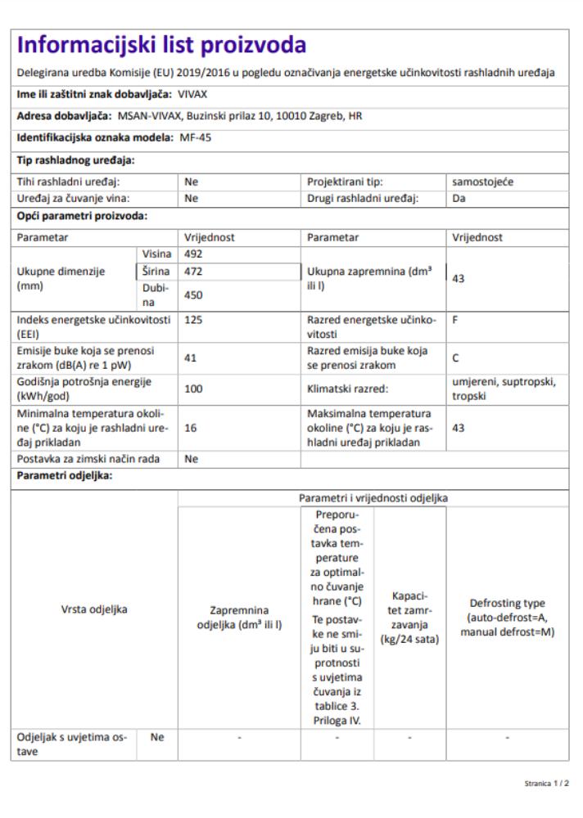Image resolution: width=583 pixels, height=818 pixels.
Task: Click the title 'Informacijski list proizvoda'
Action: tap(162, 44)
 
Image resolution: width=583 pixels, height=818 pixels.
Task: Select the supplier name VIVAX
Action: tap(192, 94)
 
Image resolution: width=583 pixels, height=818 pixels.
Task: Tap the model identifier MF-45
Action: tap(196, 137)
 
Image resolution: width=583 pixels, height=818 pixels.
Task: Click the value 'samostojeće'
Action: tap(482, 182)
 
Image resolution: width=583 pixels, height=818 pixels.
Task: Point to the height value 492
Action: tap(194, 254)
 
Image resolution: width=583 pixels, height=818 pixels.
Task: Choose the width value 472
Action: tap(194, 271)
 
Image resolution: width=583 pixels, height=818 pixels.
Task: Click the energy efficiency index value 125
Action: tap(194, 320)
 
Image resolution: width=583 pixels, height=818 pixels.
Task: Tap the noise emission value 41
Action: tap(192, 357)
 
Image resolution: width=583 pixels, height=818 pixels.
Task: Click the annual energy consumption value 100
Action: tap(194, 389)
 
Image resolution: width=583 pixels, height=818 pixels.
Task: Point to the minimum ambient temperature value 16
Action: tap(192, 427)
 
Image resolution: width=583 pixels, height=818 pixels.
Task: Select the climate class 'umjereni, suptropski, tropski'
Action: tap(504, 389)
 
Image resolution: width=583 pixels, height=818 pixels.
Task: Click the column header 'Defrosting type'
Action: tap(508, 603)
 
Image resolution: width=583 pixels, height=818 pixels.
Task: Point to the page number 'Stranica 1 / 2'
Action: tap(547, 783)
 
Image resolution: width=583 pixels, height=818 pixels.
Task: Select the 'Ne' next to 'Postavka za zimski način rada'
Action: tap(192, 460)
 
